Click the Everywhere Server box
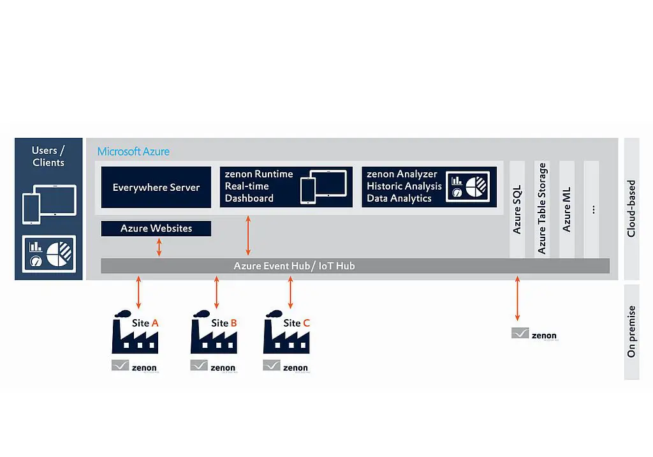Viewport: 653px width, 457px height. [156, 187]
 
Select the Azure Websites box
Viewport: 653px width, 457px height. [156, 228]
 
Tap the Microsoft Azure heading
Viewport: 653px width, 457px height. [133, 152]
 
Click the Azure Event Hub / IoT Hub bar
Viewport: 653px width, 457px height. [294, 266]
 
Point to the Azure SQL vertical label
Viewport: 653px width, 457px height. [517, 209]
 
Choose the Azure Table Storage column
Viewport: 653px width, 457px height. [542, 208]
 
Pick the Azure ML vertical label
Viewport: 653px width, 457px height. [566, 209]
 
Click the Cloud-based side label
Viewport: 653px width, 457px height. [631, 209]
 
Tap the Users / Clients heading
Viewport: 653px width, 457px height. [48, 156]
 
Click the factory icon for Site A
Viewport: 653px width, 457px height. [134, 333]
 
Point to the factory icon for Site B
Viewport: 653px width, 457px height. [213, 333]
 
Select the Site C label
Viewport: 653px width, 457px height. [297, 323]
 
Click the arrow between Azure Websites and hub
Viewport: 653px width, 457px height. [159, 248]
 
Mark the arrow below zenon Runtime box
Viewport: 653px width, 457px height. [248, 236]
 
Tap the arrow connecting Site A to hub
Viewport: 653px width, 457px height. [138, 292]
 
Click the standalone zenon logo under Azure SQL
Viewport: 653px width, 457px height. [534, 334]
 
